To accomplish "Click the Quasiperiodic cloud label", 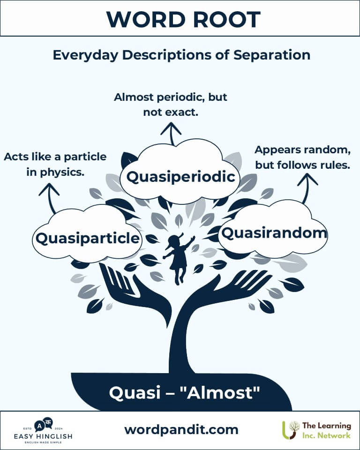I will coord(180,177).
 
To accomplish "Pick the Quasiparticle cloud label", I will coord(88,238).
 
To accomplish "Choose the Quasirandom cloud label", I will coord(273,232).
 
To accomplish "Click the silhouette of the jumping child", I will coord(178,258).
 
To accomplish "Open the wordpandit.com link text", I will coord(181,429).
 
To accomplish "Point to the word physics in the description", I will coord(62,172).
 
